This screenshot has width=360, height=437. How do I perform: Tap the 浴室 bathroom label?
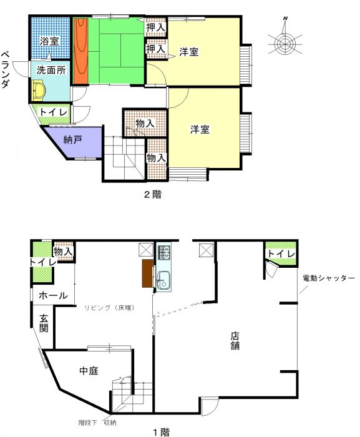click(x=49, y=41)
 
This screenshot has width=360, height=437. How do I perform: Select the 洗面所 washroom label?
click(x=51, y=70)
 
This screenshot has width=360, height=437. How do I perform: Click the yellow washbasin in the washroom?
click(x=38, y=90)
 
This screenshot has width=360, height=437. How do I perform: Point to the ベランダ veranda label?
click(x=5, y=69)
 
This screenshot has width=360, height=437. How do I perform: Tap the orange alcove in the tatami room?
click(x=81, y=51)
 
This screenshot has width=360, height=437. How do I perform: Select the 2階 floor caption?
click(x=153, y=194)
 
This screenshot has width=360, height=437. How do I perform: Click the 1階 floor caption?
click(x=161, y=432)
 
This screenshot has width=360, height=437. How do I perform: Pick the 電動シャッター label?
click(x=329, y=278)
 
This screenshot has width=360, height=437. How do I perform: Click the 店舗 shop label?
click(x=235, y=341)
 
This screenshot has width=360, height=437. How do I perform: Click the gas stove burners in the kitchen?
click(x=163, y=252)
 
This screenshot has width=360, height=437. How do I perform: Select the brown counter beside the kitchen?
click(x=147, y=273)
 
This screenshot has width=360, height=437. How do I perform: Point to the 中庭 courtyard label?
click(x=89, y=371)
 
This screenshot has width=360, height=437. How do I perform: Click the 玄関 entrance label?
click(x=44, y=323)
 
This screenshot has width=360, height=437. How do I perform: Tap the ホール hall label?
click(x=53, y=295)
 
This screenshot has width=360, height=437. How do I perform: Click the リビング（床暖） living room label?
click(x=110, y=308)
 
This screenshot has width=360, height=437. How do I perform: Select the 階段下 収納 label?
click(x=97, y=423)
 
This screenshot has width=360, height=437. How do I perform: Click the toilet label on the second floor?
click(x=54, y=112)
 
